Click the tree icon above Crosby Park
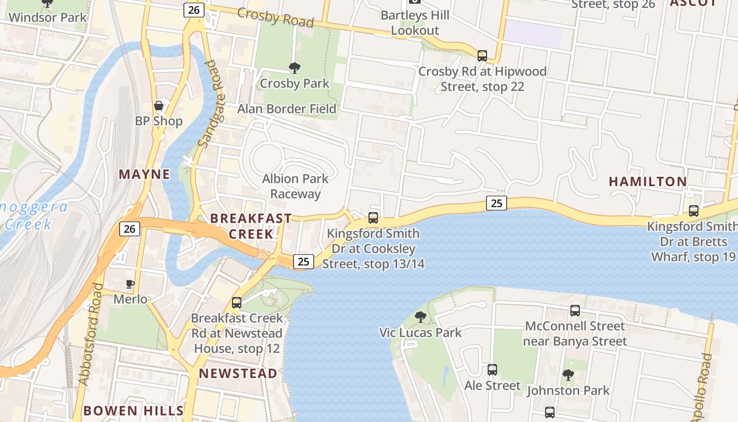295,68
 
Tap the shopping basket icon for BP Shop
158,105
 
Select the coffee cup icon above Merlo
130,284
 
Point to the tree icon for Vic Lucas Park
420,317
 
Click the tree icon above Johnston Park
568,375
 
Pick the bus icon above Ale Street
492,370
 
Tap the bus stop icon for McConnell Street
575,311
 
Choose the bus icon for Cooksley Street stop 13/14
373,217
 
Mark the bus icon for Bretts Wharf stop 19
694,211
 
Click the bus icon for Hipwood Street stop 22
482,55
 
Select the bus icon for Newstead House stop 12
237,303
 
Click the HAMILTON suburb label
648,182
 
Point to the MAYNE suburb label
144,175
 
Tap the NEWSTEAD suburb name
238,374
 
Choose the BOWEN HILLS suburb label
133,411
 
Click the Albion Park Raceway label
295,186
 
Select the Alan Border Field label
287,109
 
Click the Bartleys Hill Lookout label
415,23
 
